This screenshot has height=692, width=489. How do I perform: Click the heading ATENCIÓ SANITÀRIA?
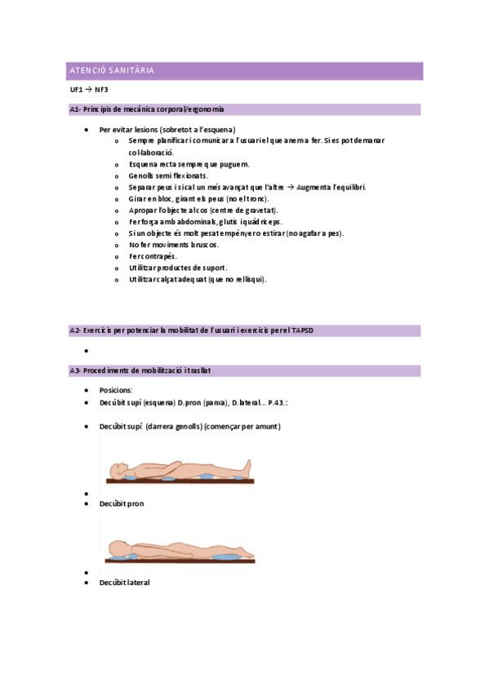coord(110,71)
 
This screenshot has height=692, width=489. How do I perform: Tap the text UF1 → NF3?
coord(89,90)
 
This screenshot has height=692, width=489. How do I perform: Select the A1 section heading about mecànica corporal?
coord(147,109)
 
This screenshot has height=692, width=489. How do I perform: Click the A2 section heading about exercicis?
coord(192,330)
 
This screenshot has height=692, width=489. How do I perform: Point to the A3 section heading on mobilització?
coord(140,370)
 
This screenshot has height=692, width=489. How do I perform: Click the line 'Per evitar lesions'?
coord(167,130)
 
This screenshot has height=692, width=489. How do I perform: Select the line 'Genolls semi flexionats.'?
coord(168,175)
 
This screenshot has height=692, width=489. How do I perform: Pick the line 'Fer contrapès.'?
coord(153,256)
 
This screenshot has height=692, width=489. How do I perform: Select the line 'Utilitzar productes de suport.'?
coord(178,268)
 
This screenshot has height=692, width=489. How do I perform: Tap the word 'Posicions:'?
coord(116,390)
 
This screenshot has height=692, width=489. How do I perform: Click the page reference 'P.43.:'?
coord(276,402)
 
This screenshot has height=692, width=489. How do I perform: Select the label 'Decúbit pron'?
coord(122,503)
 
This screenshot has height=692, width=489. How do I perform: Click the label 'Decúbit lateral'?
coord(125,583)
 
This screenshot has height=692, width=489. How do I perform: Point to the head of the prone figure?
coord(119,548)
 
